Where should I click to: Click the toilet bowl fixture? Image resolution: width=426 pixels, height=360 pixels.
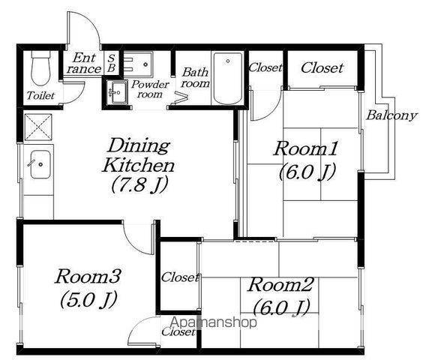40,68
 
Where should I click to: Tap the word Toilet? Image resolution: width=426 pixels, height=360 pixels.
40,95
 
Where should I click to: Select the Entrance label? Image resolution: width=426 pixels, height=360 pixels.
84,63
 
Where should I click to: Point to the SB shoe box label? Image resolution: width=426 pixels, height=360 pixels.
112,63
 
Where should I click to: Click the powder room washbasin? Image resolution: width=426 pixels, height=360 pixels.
117,92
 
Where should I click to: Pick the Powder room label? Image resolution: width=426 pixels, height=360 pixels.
150,89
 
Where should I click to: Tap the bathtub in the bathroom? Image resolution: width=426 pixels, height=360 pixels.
228,78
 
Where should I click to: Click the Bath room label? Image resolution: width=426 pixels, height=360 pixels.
195,78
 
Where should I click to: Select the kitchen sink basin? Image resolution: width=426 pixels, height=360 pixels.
40,164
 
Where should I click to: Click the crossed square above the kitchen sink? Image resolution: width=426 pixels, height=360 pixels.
38,127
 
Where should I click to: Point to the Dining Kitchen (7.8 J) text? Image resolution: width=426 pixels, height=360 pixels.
138,165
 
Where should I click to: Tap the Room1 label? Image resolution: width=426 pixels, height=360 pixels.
306,148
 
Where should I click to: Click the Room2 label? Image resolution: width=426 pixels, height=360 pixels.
280,284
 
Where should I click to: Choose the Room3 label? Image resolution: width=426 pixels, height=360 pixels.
88,277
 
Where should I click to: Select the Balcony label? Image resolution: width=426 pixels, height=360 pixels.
391,115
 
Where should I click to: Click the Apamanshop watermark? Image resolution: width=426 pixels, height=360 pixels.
213,322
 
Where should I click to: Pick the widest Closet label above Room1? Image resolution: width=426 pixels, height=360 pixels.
322,67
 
